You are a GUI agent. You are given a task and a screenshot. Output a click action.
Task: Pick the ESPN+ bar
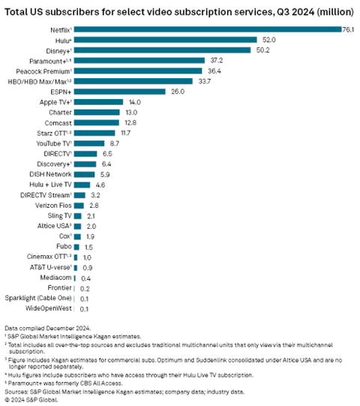point(120,91)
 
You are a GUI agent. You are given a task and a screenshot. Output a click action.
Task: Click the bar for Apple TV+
point(98,101)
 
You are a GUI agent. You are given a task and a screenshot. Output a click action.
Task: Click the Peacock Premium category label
point(47,71)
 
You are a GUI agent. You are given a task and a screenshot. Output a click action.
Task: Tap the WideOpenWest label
point(49,308)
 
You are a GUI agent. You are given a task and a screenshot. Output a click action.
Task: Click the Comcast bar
point(97,122)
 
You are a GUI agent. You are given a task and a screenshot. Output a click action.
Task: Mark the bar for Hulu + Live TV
point(82,184)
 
